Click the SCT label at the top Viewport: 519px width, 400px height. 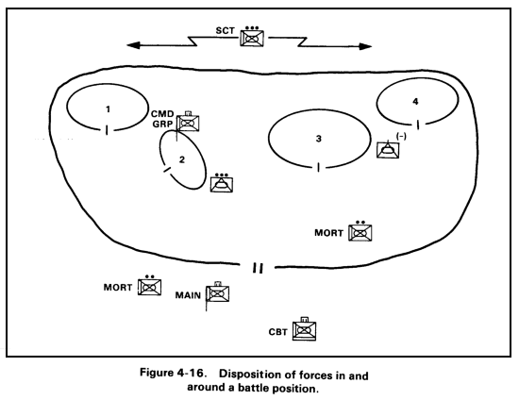pos(226,32)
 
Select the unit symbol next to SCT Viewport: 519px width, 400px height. pos(252,39)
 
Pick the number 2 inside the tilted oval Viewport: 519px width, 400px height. pos(181,158)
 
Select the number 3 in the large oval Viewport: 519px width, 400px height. pos(318,139)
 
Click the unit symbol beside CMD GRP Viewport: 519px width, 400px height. pos(189,123)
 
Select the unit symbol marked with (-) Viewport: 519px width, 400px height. pos(387,150)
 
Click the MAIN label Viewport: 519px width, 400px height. pos(190,295)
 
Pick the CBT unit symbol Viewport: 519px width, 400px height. pos(304,330)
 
